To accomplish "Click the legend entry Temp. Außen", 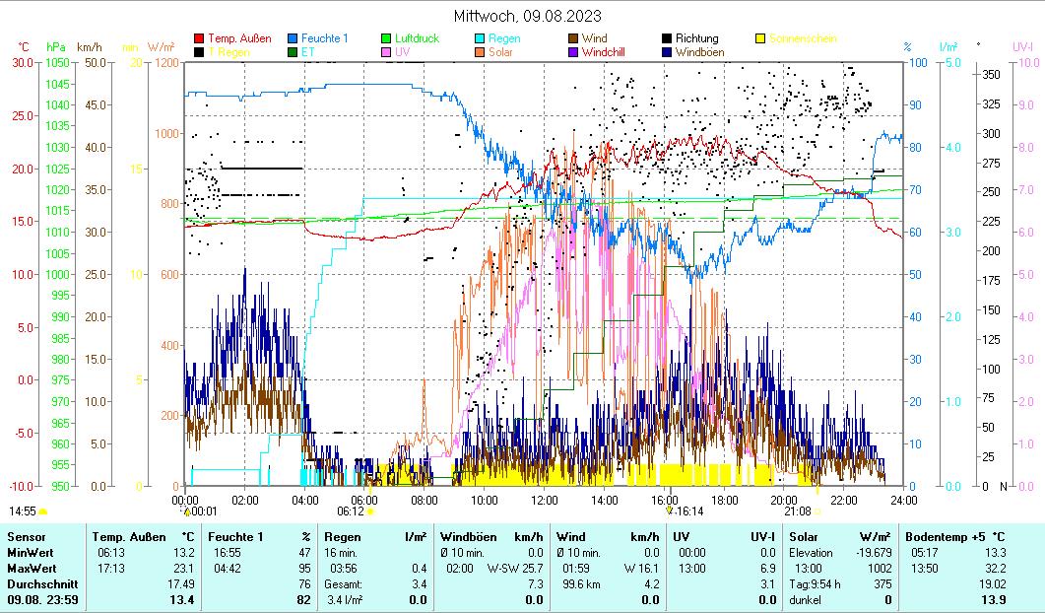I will coord(239,38).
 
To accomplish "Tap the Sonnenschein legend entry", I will coord(804,38).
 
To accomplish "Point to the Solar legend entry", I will coord(499,51).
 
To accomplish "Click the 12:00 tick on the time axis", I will coord(544,499).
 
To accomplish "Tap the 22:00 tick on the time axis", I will coord(844,499).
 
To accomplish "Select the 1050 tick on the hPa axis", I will coord(57,62).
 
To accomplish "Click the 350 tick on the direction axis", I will coord(991,74).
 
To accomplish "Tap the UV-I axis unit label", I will coord(1022,46).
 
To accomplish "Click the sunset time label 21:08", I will coord(797,511).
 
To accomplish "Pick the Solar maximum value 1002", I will coord(879,569).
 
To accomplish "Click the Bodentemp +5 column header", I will coord(955,537).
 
